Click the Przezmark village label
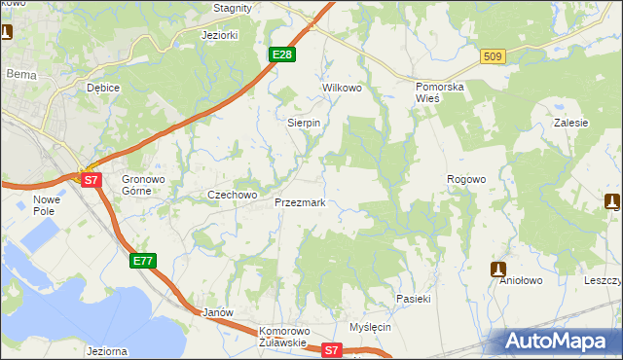(300, 203)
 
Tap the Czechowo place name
(232, 195)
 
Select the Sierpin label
(304, 124)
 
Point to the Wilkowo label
(342, 88)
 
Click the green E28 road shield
(281, 55)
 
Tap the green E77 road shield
(142, 261)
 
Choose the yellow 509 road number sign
(492, 58)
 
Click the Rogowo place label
(465, 179)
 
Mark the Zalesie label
(571, 124)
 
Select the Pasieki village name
(413, 298)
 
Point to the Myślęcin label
(370, 327)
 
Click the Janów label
(217, 312)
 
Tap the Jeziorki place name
(219, 35)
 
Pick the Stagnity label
(233, 8)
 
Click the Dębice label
(102, 88)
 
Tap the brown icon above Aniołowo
(498, 269)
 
